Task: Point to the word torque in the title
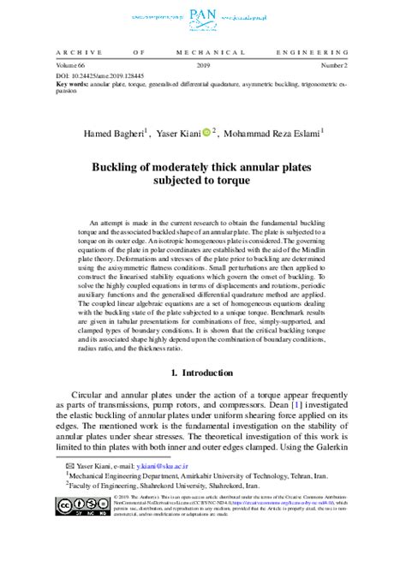pyautogui.click(x=254, y=182)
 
